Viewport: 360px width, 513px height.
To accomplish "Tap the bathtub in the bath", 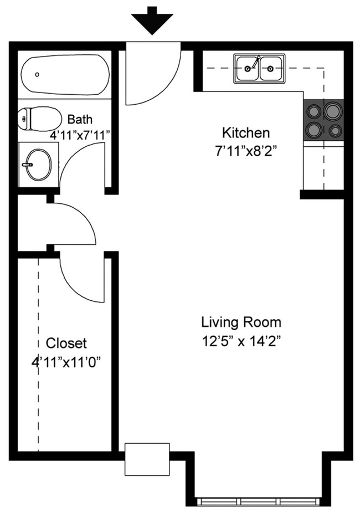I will click(x=65, y=74).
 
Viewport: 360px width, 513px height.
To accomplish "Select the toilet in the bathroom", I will click(x=40, y=119).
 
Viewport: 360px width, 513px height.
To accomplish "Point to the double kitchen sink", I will click(x=259, y=69).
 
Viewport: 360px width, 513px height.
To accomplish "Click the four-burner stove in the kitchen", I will click(x=323, y=120).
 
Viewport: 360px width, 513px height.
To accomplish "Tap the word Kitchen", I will click(x=246, y=133).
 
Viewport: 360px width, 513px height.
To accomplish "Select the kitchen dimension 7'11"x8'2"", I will click(x=246, y=151).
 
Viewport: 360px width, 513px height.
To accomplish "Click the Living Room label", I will click(x=241, y=322).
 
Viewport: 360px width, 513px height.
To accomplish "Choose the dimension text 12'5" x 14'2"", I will click(x=241, y=341).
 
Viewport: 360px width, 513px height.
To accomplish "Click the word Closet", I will click(x=66, y=343).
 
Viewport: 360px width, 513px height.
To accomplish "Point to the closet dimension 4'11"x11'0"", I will click(x=66, y=362).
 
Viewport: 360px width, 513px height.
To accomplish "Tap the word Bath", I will click(x=80, y=119).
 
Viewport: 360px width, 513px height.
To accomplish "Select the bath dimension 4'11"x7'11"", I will click(x=81, y=135).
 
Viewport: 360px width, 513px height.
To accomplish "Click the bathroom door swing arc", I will click(x=83, y=166).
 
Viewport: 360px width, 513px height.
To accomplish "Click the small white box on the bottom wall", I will click(x=147, y=459).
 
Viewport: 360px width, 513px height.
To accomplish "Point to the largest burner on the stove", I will click(x=333, y=111).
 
